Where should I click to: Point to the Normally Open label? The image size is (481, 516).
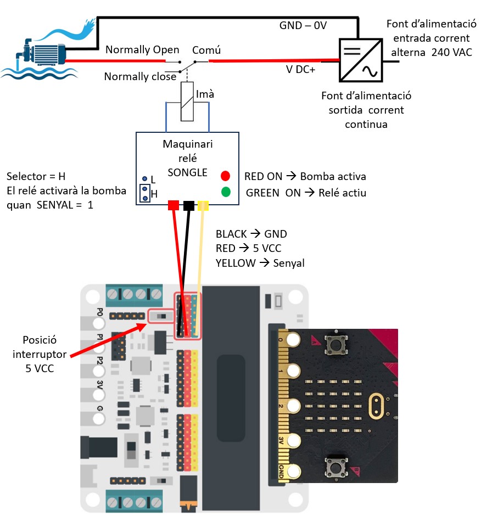coord(142,50)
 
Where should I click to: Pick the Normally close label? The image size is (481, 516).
coord(140,77)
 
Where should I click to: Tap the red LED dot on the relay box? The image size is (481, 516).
coord(225,176)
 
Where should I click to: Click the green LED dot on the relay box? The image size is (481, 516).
coord(225,192)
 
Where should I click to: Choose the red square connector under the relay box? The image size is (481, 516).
coord(173,205)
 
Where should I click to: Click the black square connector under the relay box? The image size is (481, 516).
coord(188,205)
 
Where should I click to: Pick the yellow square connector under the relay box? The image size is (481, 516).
coord(203,205)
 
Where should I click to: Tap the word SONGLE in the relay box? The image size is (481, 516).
coord(187,172)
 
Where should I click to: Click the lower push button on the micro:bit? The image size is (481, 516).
coord(334,468)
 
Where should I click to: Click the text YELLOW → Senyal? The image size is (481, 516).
coord(260,263)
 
